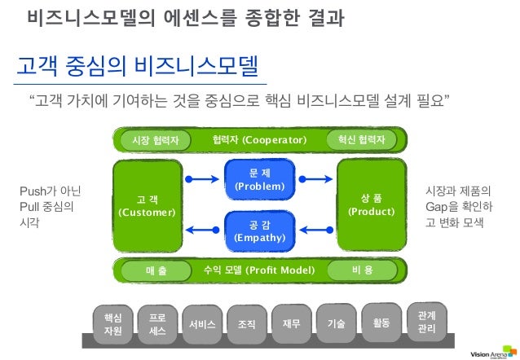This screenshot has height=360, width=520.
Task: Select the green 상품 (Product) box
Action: click(371, 204)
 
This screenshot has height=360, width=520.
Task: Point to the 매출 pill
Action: click(156, 270)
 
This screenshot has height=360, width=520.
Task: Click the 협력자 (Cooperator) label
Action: click(258, 140)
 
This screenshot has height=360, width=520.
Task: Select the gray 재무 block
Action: click(291, 323)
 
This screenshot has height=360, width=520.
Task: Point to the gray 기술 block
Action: click(336, 323)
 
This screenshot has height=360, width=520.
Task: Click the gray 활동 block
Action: click(381, 323)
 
